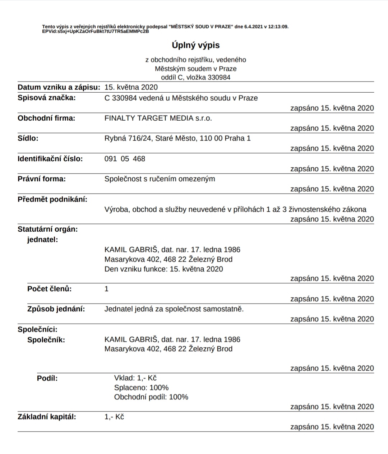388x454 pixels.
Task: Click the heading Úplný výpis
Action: pyautogui.click(x=195, y=45)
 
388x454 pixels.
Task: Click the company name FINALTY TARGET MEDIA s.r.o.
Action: pyautogui.click(x=158, y=118)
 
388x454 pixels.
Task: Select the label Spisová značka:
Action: pyautogui.click(x=47, y=98)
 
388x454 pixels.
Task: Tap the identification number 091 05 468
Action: pyautogui.click(x=125, y=159)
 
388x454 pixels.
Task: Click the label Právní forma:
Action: pyautogui.click(x=42, y=179)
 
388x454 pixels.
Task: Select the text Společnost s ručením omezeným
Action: pyautogui.click(x=160, y=179)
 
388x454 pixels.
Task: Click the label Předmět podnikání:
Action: pyautogui.click(x=52, y=199)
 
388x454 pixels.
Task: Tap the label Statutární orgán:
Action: pyautogui.click(x=48, y=229)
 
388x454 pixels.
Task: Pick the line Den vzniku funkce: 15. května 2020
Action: pyautogui.click(x=163, y=269)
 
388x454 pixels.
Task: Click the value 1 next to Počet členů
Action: pyautogui.click(x=106, y=289)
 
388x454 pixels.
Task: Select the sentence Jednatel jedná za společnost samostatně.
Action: pyautogui.click(x=174, y=309)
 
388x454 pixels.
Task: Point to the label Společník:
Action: pyautogui.click(x=46, y=340)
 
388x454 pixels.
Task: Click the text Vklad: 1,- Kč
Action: pyautogui.click(x=135, y=378)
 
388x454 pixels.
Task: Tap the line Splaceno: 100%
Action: pyautogui.click(x=141, y=388)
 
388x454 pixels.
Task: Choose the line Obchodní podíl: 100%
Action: pyautogui.click(x=151, y=397)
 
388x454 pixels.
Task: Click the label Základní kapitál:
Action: pyautogui.click(x=47, y=417)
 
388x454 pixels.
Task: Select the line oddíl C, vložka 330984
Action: pyautogui.click(x=195, y=77)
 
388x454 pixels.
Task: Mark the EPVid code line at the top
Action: pyautogui.click(x=96, y=31)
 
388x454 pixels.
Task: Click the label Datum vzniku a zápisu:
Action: pyautogui.click(x=59, y=87)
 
